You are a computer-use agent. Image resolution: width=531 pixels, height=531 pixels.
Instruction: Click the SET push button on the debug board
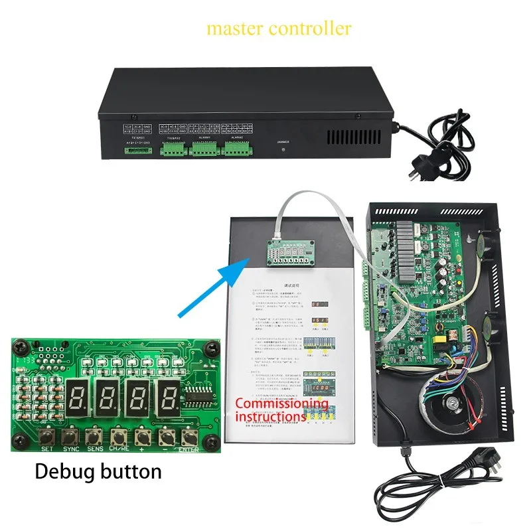pos(46,437)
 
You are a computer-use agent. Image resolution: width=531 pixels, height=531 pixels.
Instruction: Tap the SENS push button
pos(94,437)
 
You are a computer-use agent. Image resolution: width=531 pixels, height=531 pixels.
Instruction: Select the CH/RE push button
pos(119,437)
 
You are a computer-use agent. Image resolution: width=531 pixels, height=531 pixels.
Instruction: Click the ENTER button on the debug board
pos(190,437)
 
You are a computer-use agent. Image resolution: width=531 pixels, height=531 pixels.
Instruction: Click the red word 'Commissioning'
pos(281,404)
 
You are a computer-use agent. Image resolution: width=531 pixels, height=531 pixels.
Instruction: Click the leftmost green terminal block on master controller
pos(138,150)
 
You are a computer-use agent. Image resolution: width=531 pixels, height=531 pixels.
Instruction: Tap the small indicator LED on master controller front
pos(283,150)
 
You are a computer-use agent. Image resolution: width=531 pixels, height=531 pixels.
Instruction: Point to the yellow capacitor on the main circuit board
pos(439,341)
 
